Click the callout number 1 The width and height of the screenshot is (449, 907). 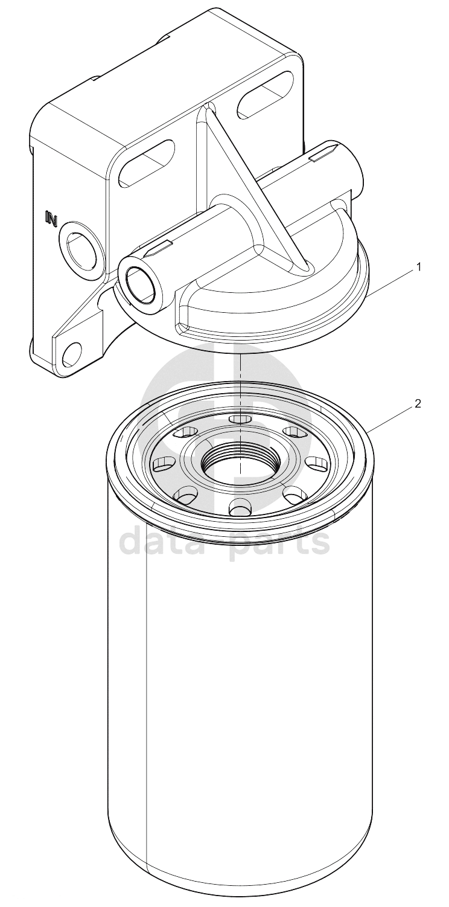[x=419, y=268]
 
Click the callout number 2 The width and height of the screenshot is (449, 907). [x=418, y=404]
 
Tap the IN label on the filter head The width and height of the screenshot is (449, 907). [x=52, y=218]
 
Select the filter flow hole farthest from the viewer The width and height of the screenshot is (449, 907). [x=240, y=418]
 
